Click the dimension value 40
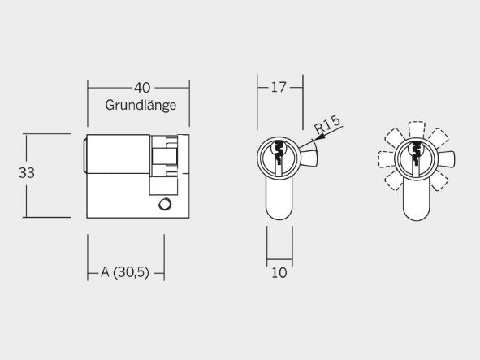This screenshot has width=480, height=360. tap(142, 88)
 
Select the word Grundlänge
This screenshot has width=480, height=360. tap(141, 106)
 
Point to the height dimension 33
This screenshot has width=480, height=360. tap(27, 173)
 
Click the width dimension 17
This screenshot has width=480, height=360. tap(279, 88)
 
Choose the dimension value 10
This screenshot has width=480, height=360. tap(279, 273)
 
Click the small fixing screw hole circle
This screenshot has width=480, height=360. tap(165, 204)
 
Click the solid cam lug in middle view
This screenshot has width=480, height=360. tap(309, 157)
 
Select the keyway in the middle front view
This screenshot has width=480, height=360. tap(279, 154)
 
